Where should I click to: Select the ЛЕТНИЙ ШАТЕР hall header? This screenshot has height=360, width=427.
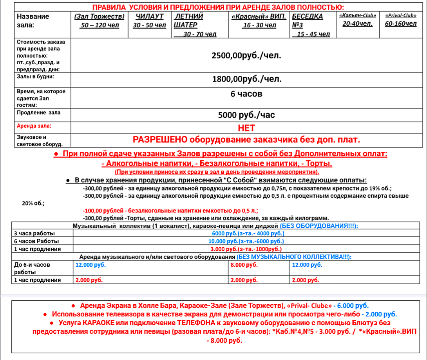pyautogui.click(x=188, y=21)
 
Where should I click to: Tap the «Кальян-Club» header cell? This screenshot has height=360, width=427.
pyautogui.click(x=358, y=16)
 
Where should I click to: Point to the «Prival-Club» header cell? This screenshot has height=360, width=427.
pyautogui.click(x=400, y=16)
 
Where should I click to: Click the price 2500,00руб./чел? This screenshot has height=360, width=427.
pyautogui.click(x=246, y=56)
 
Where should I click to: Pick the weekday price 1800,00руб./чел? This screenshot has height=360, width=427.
pyautogui.click(x=246, y=79)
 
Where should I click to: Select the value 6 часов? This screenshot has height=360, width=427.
pyautogui.click(x=246, y=94)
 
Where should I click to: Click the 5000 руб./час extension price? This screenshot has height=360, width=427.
pyautogui.click(x=246, y=115)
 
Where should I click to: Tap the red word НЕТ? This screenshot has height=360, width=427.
pyautogui.click(x=246, y=128)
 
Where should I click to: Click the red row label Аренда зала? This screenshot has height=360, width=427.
pyautogui.click(x=34, y=126)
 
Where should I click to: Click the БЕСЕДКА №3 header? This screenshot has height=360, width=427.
pyautogui.click(x=308, y=21)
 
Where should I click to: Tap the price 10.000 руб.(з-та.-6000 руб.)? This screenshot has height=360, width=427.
pyautogui.click(x=246, y=241)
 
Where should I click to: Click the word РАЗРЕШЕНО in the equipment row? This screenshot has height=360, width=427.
pyautogui.click(x=160, y=140)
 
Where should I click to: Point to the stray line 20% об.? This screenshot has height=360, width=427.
pyautogui.click(x=33, y=203)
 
